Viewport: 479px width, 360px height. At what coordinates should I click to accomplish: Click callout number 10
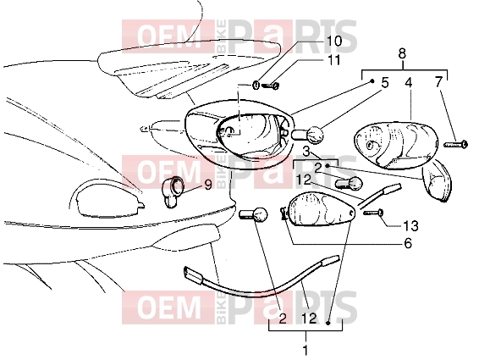[x=334, y=41]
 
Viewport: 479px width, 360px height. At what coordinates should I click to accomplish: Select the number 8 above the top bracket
[x=402, y=54]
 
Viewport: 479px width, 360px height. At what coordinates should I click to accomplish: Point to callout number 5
[x=384, y=82]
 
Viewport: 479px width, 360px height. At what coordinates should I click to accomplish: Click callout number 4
[x=409, y=82]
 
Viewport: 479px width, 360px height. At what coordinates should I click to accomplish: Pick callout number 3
[x=306, y=151]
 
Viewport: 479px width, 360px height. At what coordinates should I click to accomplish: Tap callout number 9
[x=208, y=185]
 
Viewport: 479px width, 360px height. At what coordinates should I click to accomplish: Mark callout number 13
[x=410, y=226]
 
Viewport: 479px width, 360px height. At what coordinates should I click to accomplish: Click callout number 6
[x=408, y=243]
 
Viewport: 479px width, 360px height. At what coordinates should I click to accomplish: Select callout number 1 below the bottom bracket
[x=306, y=350]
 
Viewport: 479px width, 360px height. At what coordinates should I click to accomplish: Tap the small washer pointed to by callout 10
[x=256, y=85]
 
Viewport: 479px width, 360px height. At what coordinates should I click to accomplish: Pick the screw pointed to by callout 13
[x=373, y=212]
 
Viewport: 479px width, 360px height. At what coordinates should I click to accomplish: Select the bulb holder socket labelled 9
[x=173, y=191]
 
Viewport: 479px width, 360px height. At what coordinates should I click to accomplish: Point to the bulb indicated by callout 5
[x=309, y=135]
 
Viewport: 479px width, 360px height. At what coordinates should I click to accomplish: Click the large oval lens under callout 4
[x=396, y=146]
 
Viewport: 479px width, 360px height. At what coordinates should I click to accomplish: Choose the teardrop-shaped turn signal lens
[x=322, y=209]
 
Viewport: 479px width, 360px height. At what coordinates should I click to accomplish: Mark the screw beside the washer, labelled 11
[x=270, y=86]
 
